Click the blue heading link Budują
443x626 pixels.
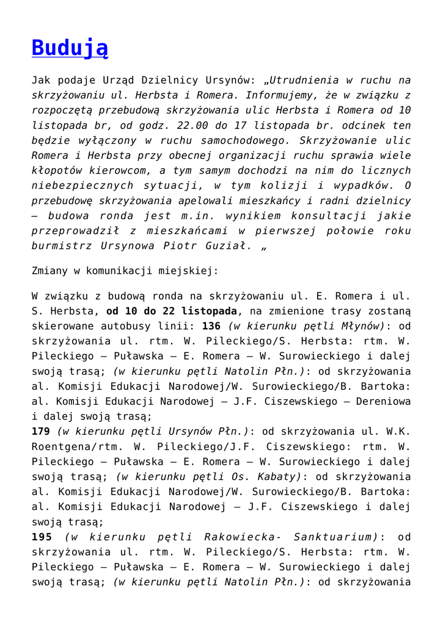[x=70, y=47]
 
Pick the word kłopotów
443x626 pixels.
[x=57, y=171]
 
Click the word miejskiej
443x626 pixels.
[x=188, y=269]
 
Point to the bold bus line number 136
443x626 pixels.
[x=211, y=326]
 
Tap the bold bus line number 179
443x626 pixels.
[x=42, y=431]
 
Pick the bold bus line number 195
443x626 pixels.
[x=42, y=536]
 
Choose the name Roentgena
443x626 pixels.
[x=57, y=446]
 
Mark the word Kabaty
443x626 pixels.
[x=279, y=476]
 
